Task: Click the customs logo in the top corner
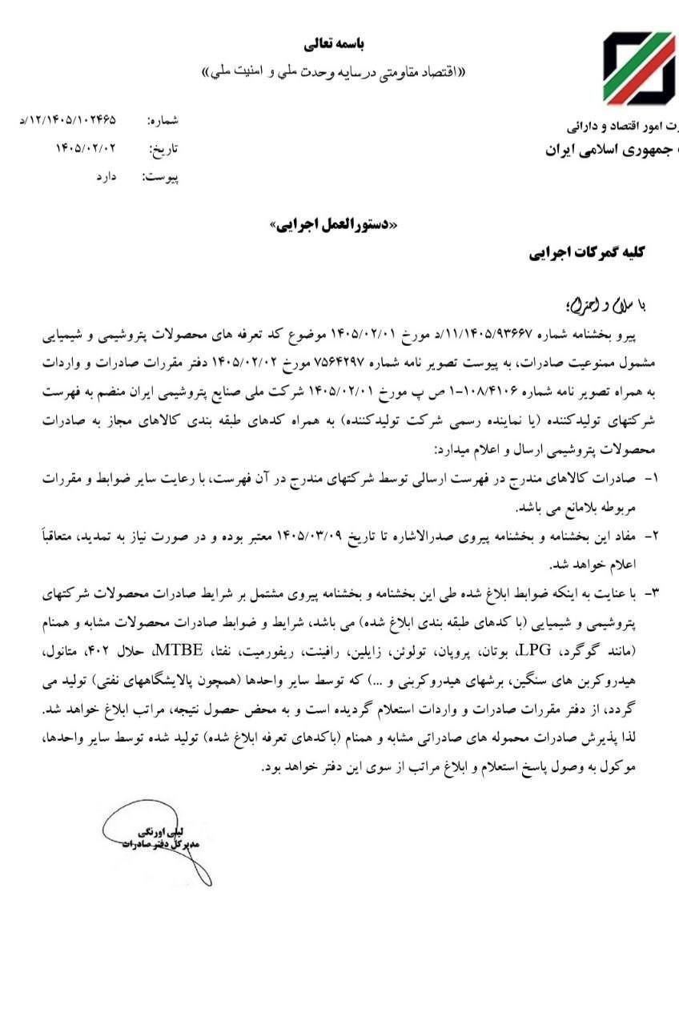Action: click(x=640, y=70)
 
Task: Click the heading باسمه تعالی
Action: click(x=337, y=42)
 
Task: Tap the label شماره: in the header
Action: click(x=163, y=121)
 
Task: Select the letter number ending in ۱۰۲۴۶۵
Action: click(x=68, y=120)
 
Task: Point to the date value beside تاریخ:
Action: click(x=86, y=148)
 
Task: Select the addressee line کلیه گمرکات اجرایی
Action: click(x=587, y=253)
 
